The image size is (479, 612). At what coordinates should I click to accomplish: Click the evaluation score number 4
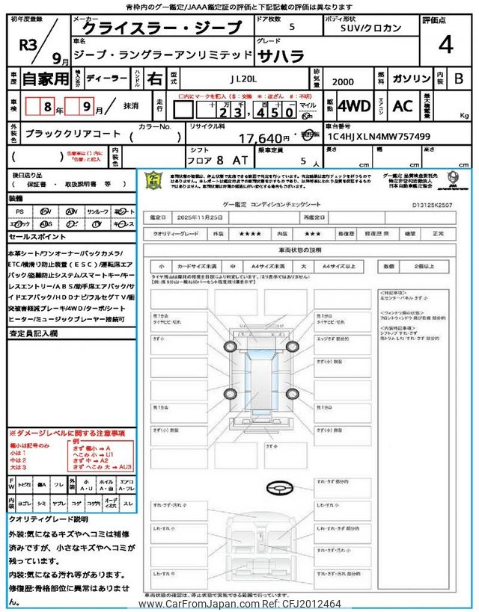pos(446,46)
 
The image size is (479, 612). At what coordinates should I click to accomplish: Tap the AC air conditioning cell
pos(402,106)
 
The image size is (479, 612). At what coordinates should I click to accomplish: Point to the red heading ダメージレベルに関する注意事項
pos(69,433)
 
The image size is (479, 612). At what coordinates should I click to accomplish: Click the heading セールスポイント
pos(34,235)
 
